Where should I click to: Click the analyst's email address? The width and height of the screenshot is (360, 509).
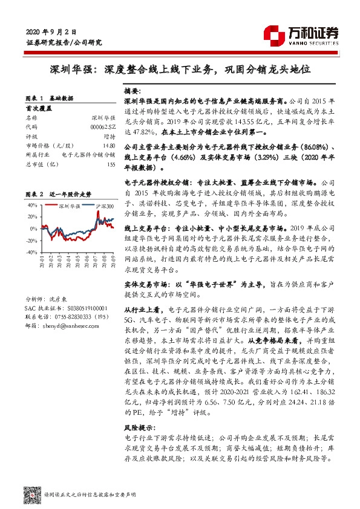coord(70,325)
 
